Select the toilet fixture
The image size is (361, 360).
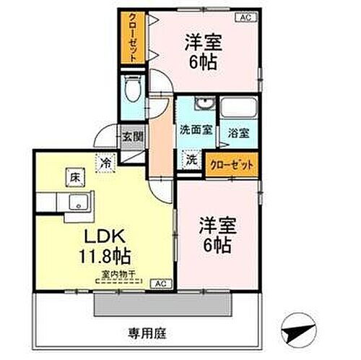(x=131, y=91)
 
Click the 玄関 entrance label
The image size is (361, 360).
(x=131, y=135)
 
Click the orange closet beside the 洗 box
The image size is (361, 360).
(x=232, y=165)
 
